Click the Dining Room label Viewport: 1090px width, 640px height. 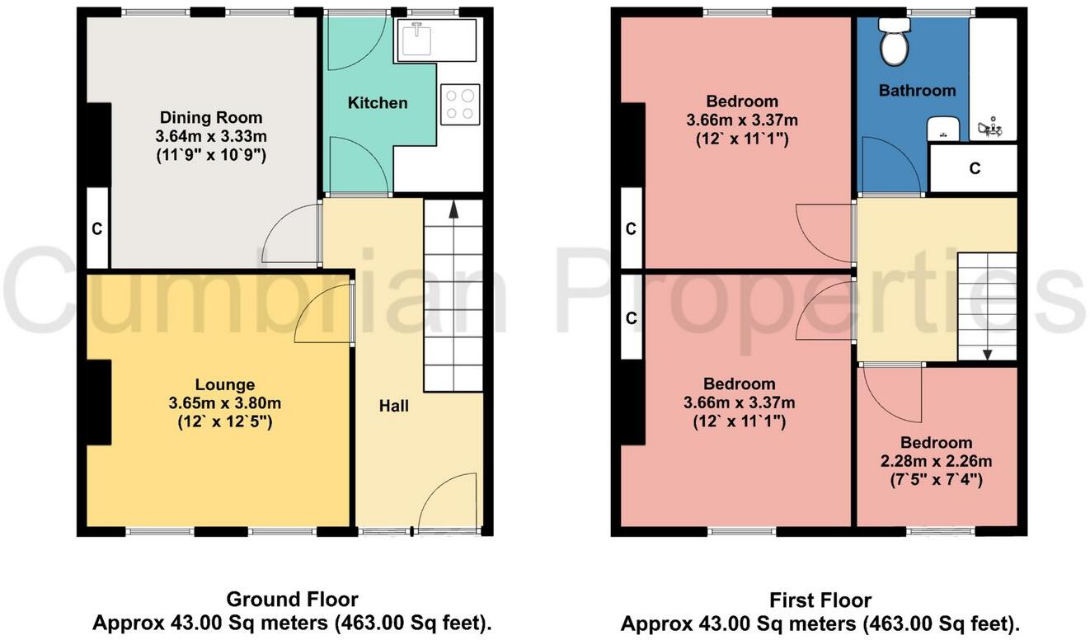[x=211, y=117]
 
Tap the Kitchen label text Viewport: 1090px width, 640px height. [x=378, y=103]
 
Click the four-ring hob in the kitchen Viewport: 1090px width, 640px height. [x=459, y=105]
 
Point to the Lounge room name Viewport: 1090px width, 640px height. [x=224, y=384]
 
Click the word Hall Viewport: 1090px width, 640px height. [x=393, y=406]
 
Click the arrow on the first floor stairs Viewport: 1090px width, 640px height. [x=987, y=352]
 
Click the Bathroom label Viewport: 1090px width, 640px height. [x=917, y=90]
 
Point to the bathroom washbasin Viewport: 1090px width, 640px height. [x=942, y=129]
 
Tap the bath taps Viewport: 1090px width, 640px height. [x=989, y=128]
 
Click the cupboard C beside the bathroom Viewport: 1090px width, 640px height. [x=974, y=168]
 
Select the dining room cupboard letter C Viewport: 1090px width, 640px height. [x=96, y=229]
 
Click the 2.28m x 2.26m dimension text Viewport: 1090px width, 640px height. [x=935, y=460]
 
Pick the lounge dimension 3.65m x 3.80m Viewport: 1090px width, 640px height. [x=224, y=403]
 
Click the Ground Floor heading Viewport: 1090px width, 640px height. [x=292, y=600]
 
